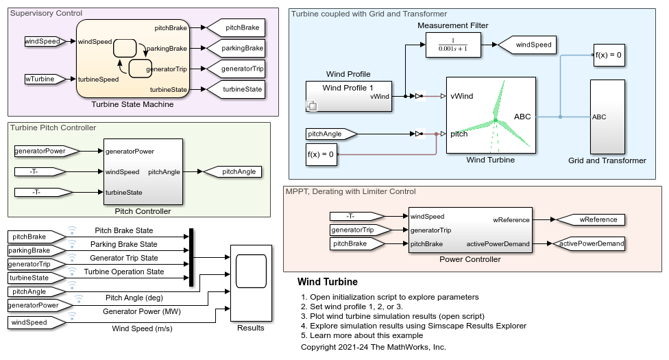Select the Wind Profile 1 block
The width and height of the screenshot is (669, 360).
(347, 96)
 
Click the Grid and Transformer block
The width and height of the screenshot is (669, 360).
(607, 117)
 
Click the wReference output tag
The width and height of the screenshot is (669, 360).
(588, 220)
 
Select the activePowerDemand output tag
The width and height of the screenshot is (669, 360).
(588, 244)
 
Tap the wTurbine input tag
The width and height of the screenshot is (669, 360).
(44, 79)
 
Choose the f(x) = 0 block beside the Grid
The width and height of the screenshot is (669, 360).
(608, 55)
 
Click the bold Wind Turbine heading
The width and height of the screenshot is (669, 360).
(327, 282)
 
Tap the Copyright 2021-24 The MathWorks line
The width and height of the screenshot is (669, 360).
(373, 347)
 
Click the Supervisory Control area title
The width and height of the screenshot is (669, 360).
(47, 13)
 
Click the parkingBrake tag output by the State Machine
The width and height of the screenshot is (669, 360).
(236, 49)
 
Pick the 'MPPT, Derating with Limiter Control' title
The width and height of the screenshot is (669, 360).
(350, 191)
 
